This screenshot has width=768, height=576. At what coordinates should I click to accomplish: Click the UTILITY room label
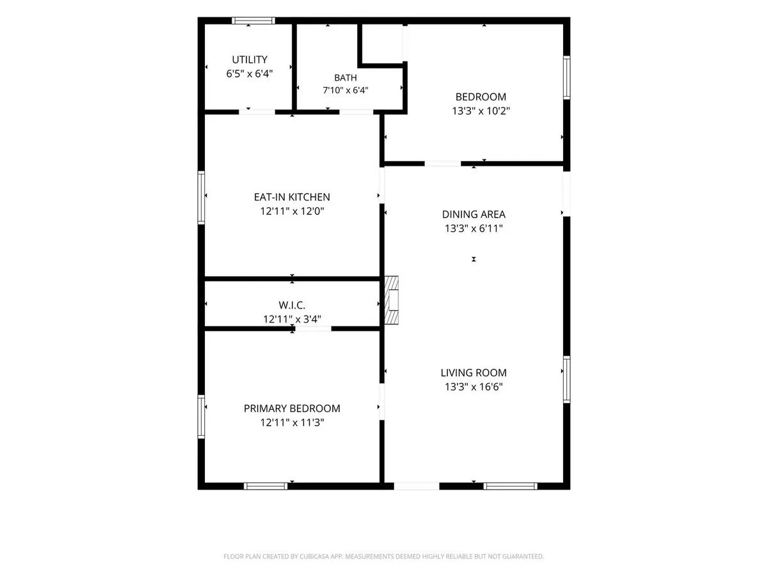(250, 60)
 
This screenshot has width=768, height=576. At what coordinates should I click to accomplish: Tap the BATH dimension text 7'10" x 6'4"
(346, 90)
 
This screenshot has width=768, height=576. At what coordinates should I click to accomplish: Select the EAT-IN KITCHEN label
(292, 197)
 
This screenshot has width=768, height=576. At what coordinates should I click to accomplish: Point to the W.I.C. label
(292, 305)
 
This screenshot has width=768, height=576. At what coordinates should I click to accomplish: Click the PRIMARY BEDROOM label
(292, 408)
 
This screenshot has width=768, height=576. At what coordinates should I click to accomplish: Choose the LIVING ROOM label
(474, 373)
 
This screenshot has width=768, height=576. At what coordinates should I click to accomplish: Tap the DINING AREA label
(474, 214)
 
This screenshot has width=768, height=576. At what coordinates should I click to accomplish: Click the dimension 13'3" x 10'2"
(481, 111)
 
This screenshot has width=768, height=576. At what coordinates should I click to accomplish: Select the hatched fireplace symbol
(391, 300)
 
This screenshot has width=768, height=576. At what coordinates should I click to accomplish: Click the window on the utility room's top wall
(253, 20)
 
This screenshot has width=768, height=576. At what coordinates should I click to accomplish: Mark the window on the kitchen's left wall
(201, 198)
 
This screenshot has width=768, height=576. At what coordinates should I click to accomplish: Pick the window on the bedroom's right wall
(566, 77)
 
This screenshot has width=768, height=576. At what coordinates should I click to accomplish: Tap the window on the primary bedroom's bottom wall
(266, 486)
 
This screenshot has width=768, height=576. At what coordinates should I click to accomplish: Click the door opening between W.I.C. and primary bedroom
(313, 329)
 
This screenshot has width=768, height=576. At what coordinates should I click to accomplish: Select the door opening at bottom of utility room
(257, 112)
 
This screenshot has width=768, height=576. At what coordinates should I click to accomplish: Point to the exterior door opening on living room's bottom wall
(417, 486)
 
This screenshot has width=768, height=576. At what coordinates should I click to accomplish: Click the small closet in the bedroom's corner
(382, 44)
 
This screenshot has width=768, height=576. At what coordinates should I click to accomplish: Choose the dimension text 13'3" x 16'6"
(474, 387)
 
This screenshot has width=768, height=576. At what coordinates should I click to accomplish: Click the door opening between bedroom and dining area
(443, 164)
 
